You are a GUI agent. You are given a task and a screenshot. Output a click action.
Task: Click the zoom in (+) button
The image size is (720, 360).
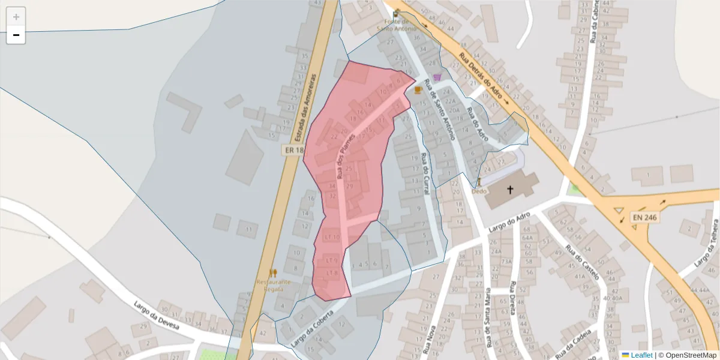(x=16, y=17)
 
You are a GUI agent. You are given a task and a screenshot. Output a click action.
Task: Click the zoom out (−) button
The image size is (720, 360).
(x=16, y=35)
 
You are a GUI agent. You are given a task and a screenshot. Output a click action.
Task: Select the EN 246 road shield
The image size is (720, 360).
(x=643, y=217)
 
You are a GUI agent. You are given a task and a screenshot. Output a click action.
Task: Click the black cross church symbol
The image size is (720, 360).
(x=511, y=190)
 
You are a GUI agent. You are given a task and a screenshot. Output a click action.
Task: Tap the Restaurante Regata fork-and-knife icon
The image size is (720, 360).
(x=273, y=273)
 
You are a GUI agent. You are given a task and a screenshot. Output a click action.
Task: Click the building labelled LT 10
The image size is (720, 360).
(x=332, y=237)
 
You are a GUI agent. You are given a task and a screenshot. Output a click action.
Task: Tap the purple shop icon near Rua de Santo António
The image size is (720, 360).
(x=437, y=76)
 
